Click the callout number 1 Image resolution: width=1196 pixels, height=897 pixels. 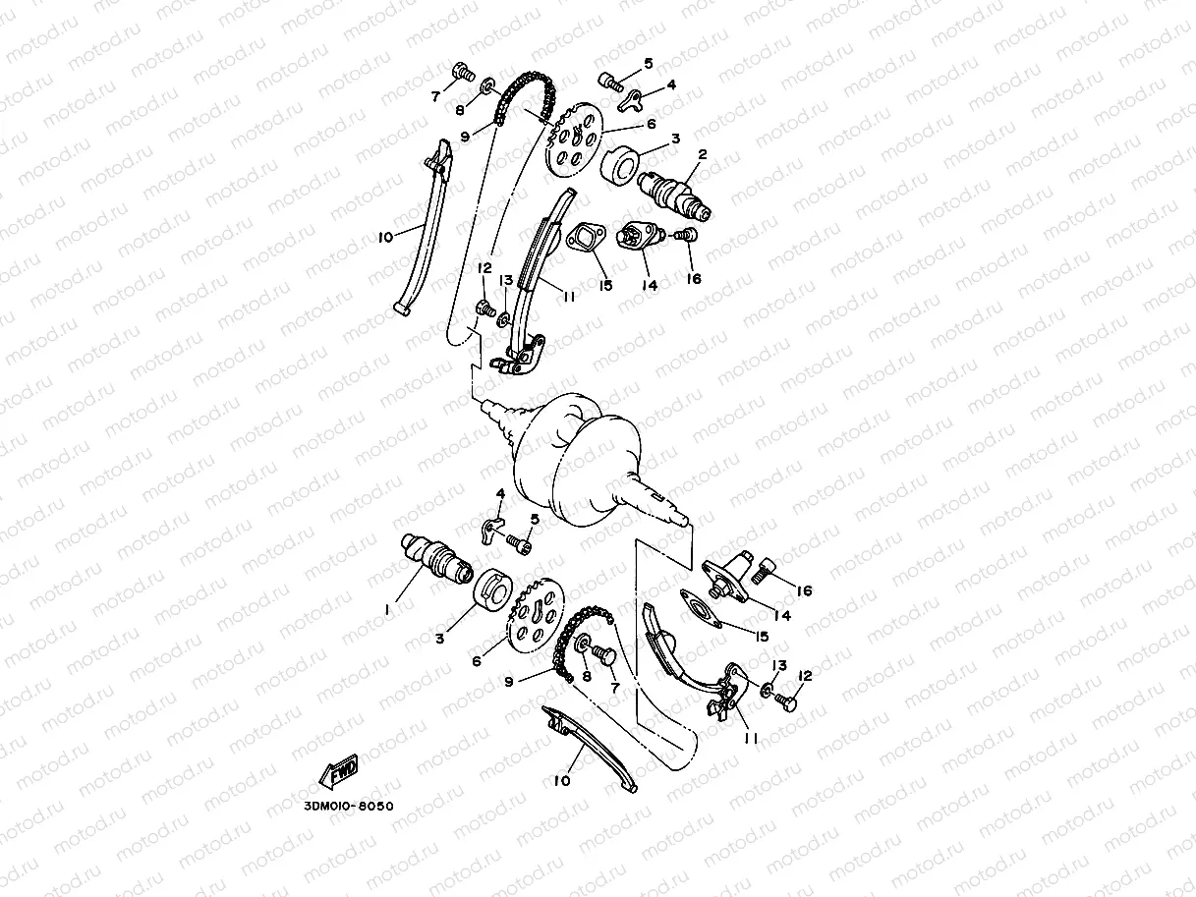tap(388, 608)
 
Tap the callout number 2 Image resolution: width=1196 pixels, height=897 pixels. tap(703, 154)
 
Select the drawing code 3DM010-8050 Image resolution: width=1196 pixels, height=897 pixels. tap(341, 807)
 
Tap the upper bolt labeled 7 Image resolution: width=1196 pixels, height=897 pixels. tap(463, 71)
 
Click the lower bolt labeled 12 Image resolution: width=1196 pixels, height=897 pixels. tap(783, 700)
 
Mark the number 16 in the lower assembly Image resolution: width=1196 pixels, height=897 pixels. tap(803, 590)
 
